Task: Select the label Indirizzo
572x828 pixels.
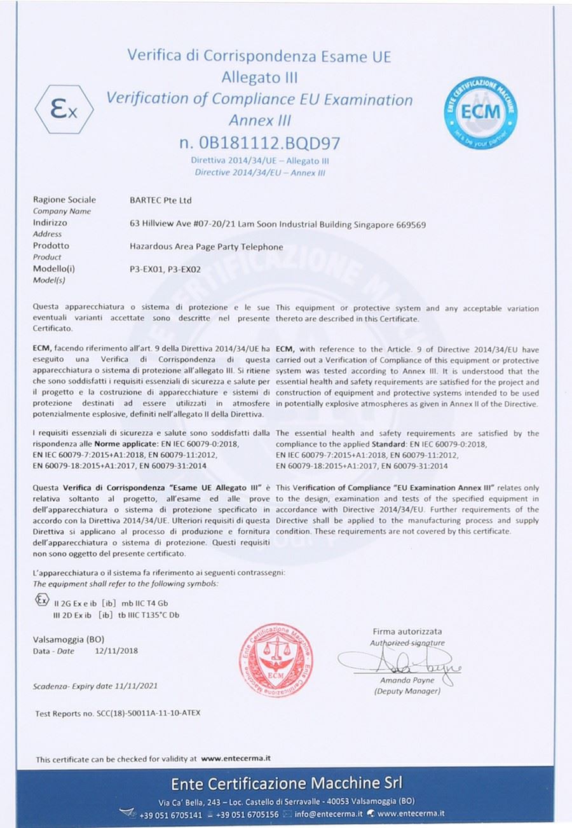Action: [50, 223]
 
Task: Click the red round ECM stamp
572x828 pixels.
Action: [276, 659]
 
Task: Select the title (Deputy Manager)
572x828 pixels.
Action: [407, 691]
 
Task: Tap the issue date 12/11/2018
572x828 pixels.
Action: [116, 651]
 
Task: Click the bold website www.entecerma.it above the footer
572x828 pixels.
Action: [236, 759]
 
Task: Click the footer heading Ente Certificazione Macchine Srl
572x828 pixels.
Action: [286, 782]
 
